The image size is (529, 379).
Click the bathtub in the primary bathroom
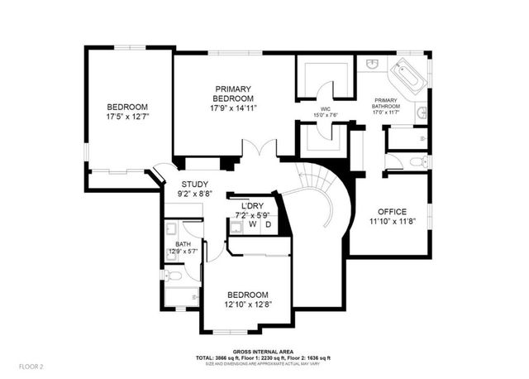(x=407, y=77)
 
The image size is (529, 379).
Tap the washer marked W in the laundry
(x=252, y=224)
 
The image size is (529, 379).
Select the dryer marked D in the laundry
(x=268, y=224)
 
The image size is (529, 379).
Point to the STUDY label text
(x=195, y=184)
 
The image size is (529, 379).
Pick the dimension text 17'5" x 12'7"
(x=126, y=117)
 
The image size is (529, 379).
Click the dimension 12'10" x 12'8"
(x=247, y=305)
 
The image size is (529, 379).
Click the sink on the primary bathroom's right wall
(x=422, y=112)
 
